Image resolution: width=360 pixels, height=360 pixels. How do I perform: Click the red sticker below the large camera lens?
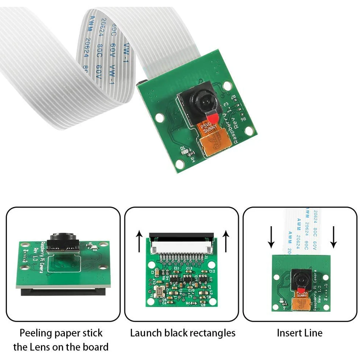[213, 119]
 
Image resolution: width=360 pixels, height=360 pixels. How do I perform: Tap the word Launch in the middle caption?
[146, 333]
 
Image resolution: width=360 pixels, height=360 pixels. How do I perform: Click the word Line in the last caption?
[314, 333]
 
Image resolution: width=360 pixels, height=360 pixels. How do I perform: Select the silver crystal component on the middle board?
[158, 291]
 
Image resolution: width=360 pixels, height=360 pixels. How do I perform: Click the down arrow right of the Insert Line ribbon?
[333, 237]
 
